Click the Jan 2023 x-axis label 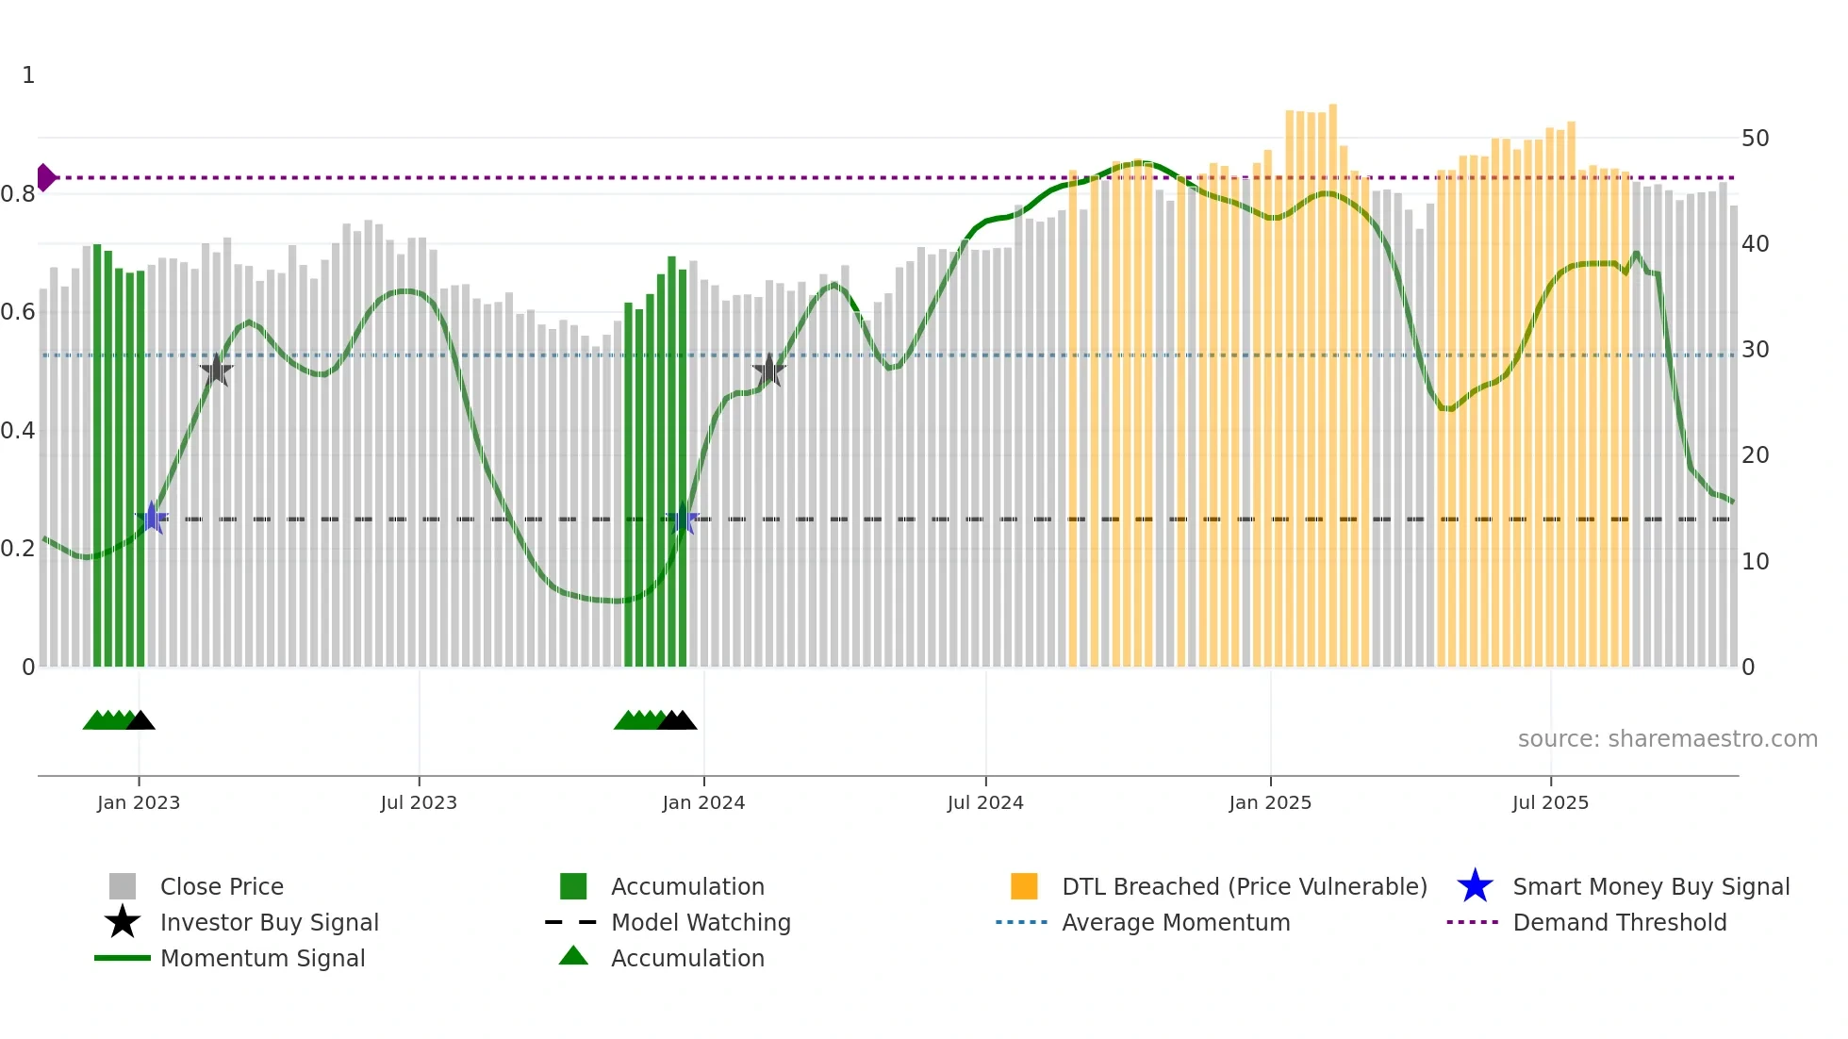pos(138,802)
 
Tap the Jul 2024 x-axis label pos(985,802)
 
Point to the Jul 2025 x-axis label pos(1550,802)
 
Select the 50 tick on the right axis pos(1755,139)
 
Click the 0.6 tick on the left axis pos(18,312)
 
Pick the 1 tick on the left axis pos(28,75)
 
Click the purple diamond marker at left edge pos(45,177)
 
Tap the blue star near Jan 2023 pos(152,519)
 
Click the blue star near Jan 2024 pos(683,519)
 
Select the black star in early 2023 pos(216,370)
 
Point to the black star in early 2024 pos(769,371)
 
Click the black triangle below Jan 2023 pos(140,721)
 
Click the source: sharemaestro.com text pos(1667,739)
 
